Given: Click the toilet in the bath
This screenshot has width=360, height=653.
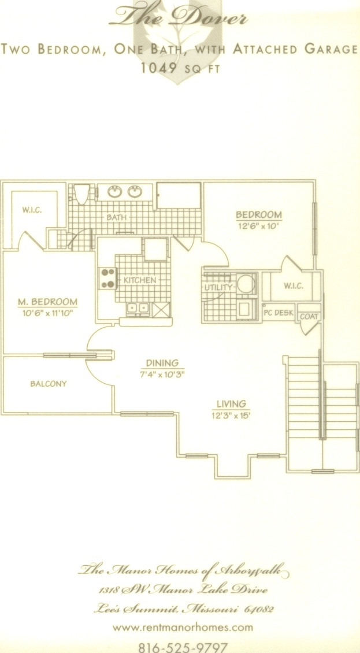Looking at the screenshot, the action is (x=82, y=194).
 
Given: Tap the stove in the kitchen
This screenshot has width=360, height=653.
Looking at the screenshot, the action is (x=107, y=279).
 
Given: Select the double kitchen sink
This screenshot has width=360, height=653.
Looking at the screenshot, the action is (x=138, y=309).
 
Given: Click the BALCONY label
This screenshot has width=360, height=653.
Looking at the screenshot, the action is (x=49, y=384).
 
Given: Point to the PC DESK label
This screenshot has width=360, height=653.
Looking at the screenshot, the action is (x=279, y=313).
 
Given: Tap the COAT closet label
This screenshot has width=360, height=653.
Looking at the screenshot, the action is (x=309, y=317).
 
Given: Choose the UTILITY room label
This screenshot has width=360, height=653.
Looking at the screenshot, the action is (x=218, y=287).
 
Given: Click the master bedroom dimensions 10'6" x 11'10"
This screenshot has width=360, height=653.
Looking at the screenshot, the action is (x=48, y=312).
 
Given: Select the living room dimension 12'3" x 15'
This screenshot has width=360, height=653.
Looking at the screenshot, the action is (x=231, y=415).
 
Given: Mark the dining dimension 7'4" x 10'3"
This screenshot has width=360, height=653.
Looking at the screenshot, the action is (x=162, y=373).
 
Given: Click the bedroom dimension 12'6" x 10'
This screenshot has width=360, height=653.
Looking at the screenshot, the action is (x=259, y=226).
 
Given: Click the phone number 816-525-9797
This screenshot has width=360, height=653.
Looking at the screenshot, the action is (x=183, y=647).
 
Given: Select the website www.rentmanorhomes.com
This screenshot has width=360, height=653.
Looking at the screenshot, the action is (x=183, y=627).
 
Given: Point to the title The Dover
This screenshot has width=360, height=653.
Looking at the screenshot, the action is (x=179, y=17).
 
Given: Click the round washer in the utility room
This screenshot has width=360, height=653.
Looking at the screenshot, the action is (x=246, y=284).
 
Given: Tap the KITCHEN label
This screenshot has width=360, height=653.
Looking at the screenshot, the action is (x=140, y=280).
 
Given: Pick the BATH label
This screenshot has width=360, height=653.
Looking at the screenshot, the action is (x=116, y=217).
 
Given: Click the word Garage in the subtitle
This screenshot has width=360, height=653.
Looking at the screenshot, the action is (x=332, y=49).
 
